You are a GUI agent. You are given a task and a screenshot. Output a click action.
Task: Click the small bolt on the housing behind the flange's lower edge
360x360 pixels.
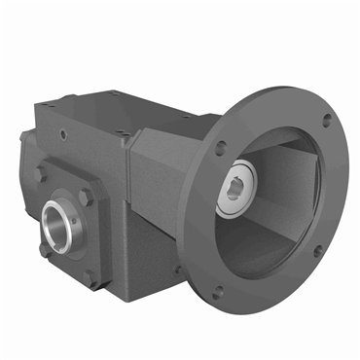[179, 269]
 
